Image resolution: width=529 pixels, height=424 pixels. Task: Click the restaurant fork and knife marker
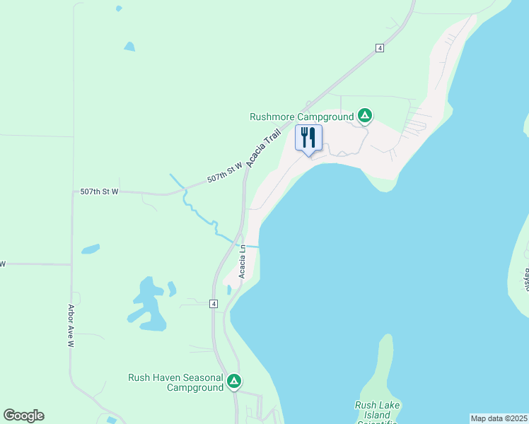tap(308, 137)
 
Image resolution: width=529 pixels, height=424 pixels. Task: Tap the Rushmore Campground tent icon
tap(364, 114)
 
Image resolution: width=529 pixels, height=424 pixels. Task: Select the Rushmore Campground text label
tap(301, 117)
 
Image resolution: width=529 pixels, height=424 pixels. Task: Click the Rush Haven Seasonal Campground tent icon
tap(234, 381)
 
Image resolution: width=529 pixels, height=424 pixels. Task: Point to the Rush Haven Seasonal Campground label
tap(175, 382)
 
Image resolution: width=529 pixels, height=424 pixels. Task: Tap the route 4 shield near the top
tap(380, 47)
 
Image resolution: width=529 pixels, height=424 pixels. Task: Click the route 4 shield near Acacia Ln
tap(213, 303)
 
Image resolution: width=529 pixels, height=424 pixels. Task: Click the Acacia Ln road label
tap(242, 261)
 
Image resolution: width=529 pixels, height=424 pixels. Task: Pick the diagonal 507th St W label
tap(225, 172)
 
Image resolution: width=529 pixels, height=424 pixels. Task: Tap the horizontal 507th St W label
tap(99, 192)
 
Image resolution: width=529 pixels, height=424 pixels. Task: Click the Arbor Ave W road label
tap(71, 326)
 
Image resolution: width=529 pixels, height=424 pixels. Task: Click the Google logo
tap(23, 416)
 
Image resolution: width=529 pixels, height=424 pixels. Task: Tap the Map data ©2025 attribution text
tap(499, 418)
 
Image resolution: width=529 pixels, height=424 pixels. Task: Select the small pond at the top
tap(129, 47)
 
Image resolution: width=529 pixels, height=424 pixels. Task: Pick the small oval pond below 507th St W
tap(90, 249)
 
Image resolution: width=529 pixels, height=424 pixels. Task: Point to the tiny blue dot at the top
tap(119, 8)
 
